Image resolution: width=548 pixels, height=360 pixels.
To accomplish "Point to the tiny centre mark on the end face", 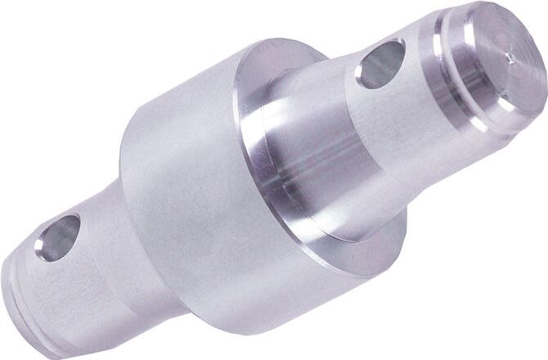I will point(510,58).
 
